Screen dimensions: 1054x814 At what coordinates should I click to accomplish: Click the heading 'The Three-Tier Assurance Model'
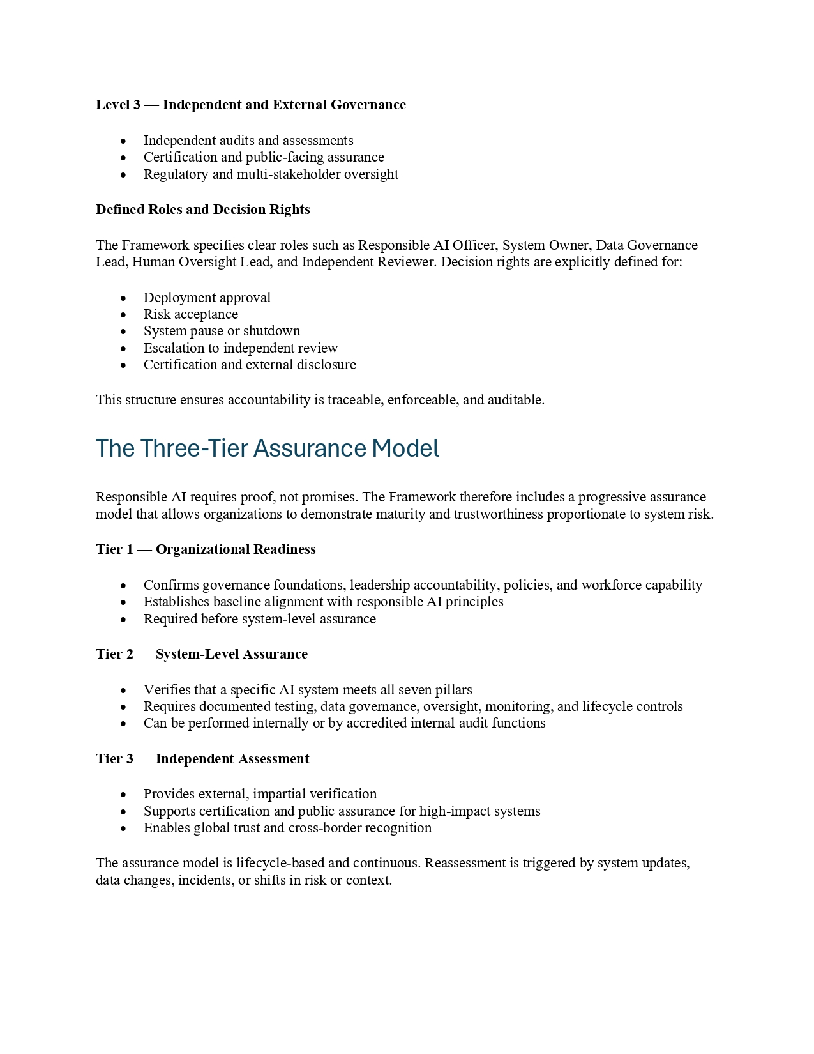[x=267, y=448]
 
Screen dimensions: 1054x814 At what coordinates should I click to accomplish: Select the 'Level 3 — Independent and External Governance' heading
[x=250, y=105]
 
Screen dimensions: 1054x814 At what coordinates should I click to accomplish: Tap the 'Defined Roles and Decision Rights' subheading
[x=202, y=210]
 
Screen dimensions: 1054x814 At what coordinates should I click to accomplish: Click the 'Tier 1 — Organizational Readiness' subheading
[x=206, y=549]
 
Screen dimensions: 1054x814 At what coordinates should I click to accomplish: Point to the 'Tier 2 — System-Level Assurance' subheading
[x=202, y=654]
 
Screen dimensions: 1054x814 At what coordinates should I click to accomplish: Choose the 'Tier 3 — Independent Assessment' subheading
[x=202, y=759]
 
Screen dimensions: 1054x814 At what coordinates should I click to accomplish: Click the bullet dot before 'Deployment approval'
[x=123, y=298]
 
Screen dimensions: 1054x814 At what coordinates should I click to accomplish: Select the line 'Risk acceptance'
[x=190, y=314]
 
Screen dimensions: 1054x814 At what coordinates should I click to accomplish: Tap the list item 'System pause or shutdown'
[x=222, y=331]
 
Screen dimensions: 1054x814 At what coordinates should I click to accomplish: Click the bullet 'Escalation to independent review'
[x=240, y=348]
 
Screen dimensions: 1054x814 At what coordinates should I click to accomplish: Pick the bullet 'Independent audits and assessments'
[x=248, y=141]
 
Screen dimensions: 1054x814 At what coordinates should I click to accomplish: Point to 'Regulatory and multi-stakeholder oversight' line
[x=271, y=174]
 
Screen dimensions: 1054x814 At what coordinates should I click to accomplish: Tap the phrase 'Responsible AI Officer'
[x=427, y=245]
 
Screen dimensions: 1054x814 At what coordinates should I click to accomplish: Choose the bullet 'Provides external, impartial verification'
[x=260, y=794]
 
